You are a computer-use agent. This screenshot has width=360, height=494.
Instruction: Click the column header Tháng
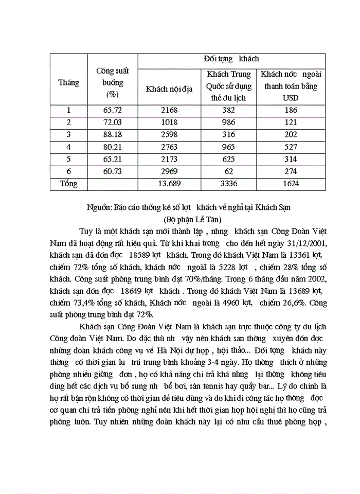coord(68,82)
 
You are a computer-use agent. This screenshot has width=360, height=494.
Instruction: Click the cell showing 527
coord(290,147)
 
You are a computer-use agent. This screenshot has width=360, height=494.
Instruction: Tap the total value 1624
coord(290,183)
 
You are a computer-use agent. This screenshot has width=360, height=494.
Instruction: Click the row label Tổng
coord(68,183)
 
